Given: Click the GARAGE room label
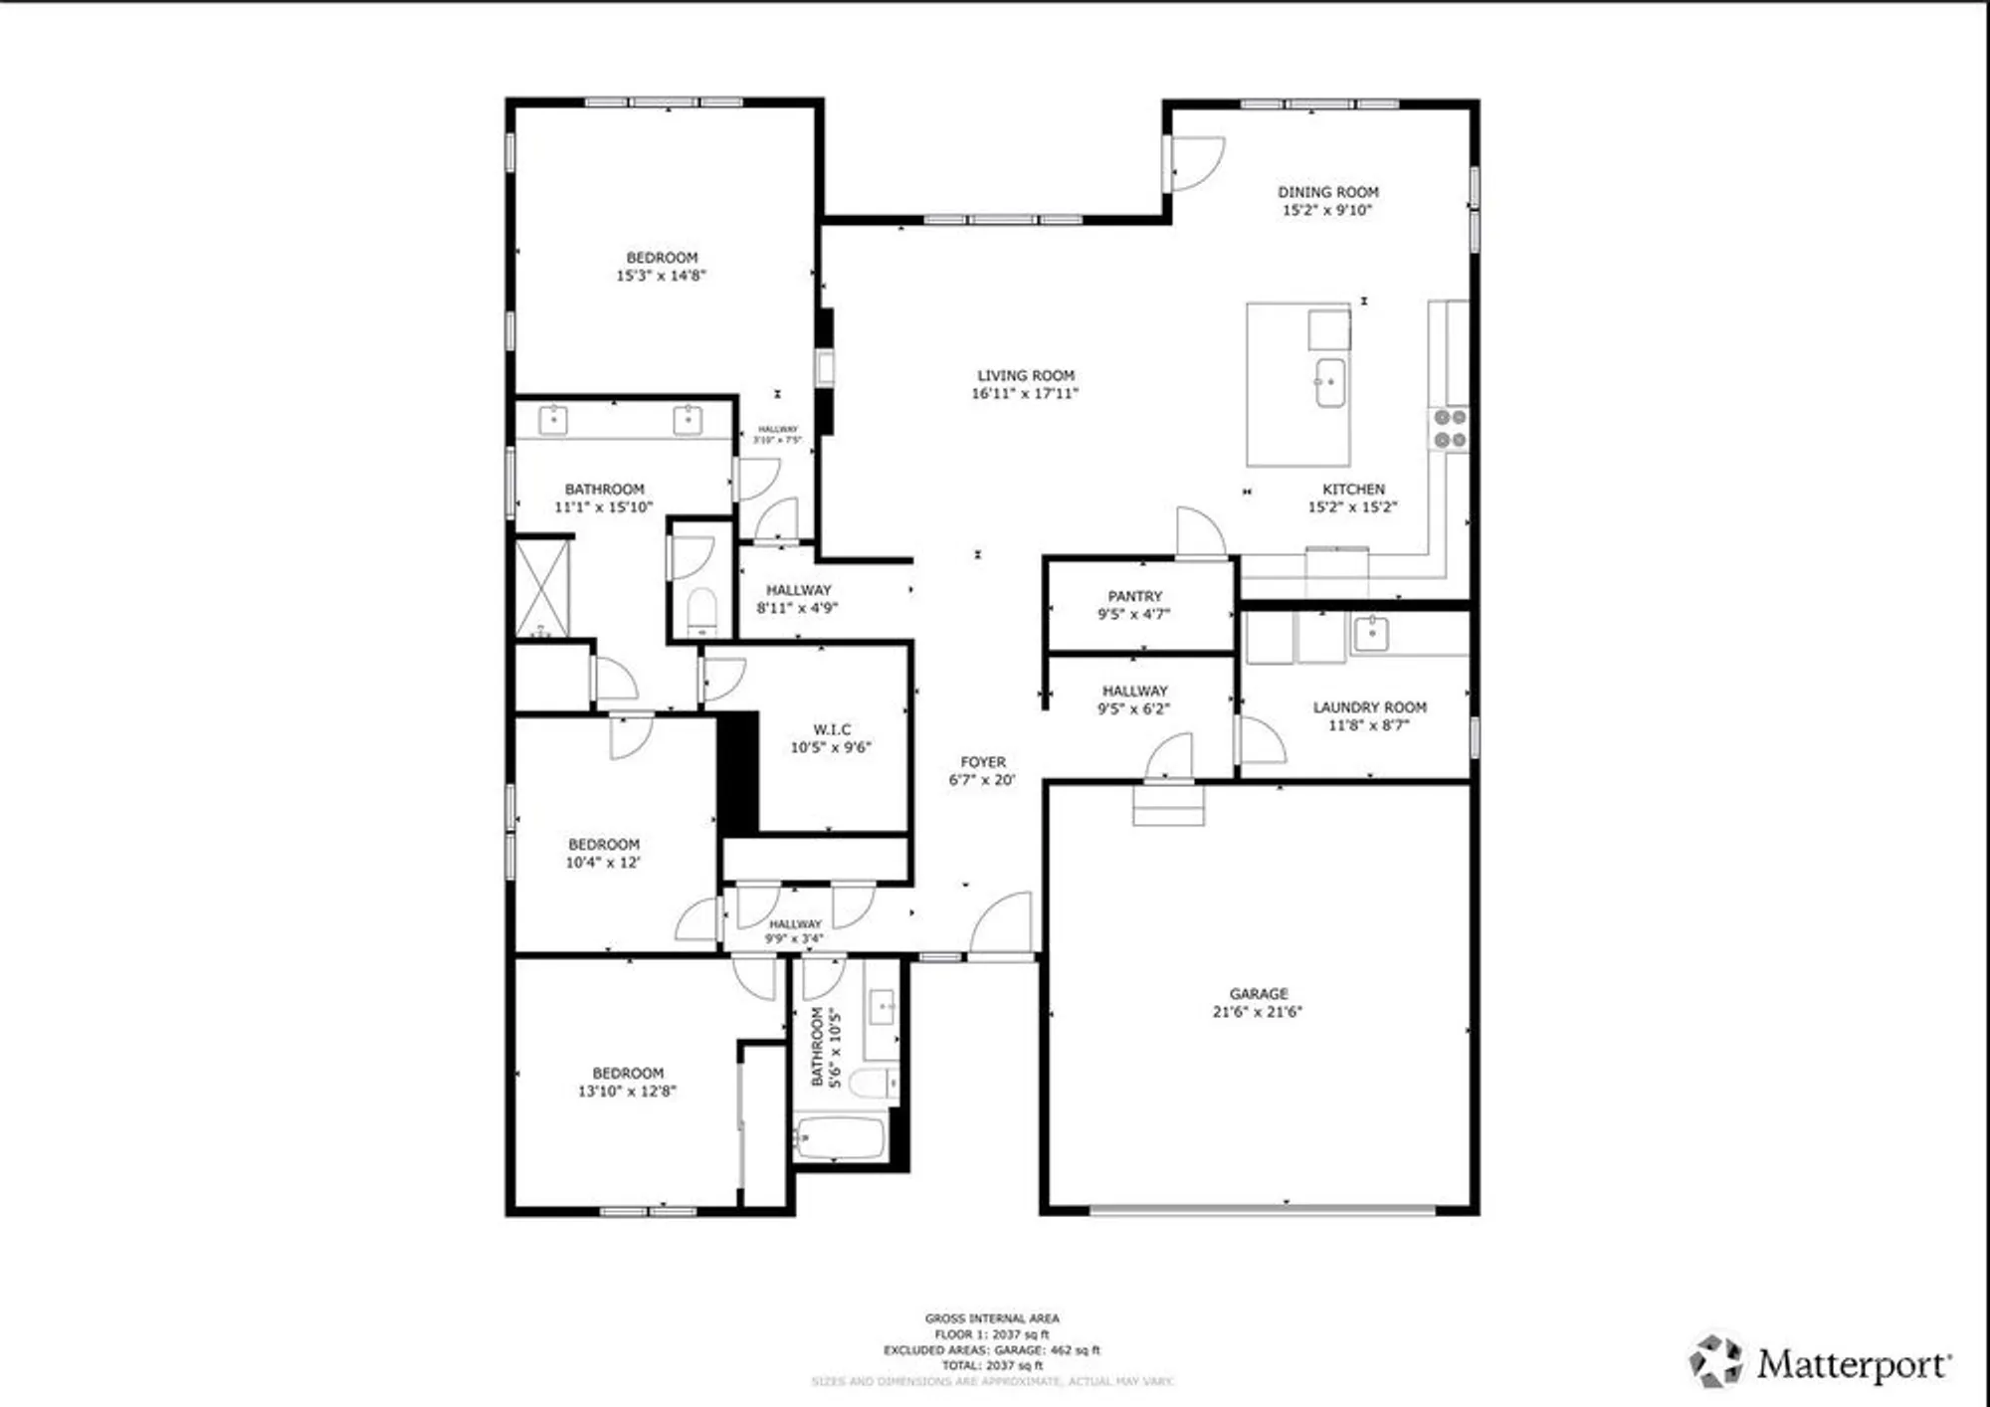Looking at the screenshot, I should coord(1259,993).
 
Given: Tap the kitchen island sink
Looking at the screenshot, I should coord(1329,383).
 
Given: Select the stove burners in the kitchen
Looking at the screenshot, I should coord(1450,429).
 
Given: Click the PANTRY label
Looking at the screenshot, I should coord(1134,596).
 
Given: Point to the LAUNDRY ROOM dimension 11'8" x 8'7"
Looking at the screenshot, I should coord(1369,725).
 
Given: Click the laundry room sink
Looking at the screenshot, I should coord(1372,633).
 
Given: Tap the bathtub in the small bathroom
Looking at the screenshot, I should coord(840,1137).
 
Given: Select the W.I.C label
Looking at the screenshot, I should coord(832,729).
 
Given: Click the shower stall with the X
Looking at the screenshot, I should coord(543,587).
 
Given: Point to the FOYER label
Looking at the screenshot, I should coord(983,761).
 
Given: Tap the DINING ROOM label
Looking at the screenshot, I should coord(1328,192).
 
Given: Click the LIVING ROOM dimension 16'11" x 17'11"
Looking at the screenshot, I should coord(1025,394).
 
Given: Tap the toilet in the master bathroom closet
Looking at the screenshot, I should coord(701,610).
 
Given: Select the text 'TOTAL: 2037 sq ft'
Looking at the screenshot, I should coord(992,1365).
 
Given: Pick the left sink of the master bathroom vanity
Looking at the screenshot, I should coord(553,420).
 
